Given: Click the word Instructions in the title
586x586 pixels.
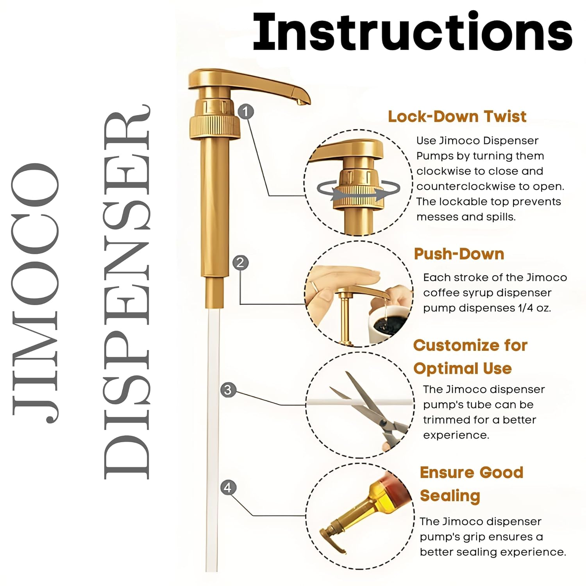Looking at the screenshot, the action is coord(413,32).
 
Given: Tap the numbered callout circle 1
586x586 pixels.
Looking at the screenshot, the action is coord(245,112).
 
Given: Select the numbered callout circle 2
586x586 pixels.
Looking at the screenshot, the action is coord(240,262).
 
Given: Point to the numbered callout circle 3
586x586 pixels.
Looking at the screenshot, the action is coord(228,390).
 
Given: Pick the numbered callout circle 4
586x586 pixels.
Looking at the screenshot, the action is coord(228,488).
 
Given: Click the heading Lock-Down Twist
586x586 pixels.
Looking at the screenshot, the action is coord(457,116).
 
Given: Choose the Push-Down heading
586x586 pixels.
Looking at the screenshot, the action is coord(459,254).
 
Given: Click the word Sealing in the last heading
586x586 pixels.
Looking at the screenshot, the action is coord(450,496).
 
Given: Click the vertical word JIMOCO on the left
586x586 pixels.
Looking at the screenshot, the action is coord(36,293).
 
